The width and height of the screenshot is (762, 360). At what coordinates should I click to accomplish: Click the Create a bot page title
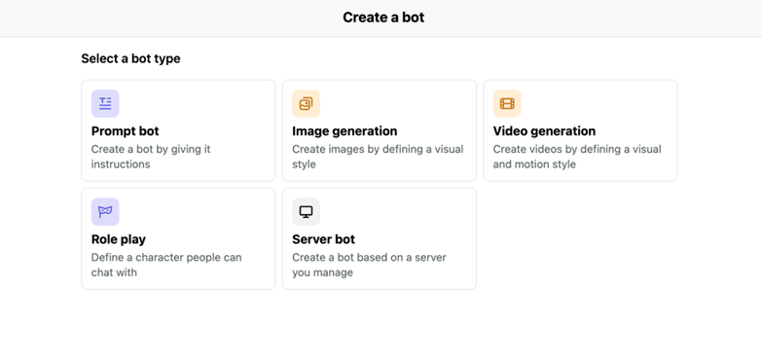tap(383, 18)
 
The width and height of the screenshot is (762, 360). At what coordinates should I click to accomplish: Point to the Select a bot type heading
tap(130, 58)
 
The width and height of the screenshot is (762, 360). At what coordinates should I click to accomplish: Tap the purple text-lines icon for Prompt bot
tap(105, 103)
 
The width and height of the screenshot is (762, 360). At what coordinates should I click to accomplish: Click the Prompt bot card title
tap(125, 131)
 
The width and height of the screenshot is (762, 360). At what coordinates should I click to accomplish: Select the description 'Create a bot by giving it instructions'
tap(151, 157)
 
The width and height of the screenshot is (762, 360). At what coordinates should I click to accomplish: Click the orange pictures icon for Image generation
tap(307, 103)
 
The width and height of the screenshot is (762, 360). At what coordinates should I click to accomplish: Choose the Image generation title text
tap(345, 131)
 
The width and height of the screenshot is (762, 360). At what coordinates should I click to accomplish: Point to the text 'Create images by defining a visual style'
tap(378, 157)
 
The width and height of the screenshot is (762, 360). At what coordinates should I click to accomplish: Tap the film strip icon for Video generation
tap(507, 103)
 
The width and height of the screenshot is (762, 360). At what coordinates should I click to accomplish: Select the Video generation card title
tap(544, 131)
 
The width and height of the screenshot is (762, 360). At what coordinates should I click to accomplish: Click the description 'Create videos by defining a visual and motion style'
tap(577, 157)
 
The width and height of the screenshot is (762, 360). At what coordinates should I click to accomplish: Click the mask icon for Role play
tap(105, 212)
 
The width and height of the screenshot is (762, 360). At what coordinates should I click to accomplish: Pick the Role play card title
tap(119, 239)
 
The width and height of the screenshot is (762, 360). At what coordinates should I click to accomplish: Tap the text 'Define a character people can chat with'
tap(166, 265)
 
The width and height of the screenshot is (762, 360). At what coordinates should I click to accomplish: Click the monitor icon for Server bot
tap(307, 212)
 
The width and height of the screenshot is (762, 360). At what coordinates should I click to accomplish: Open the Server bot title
tap(324, 239)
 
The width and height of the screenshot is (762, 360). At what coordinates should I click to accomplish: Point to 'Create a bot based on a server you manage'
tap(370, 265)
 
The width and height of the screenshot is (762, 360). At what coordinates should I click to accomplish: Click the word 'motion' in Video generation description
tap(530, 164)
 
